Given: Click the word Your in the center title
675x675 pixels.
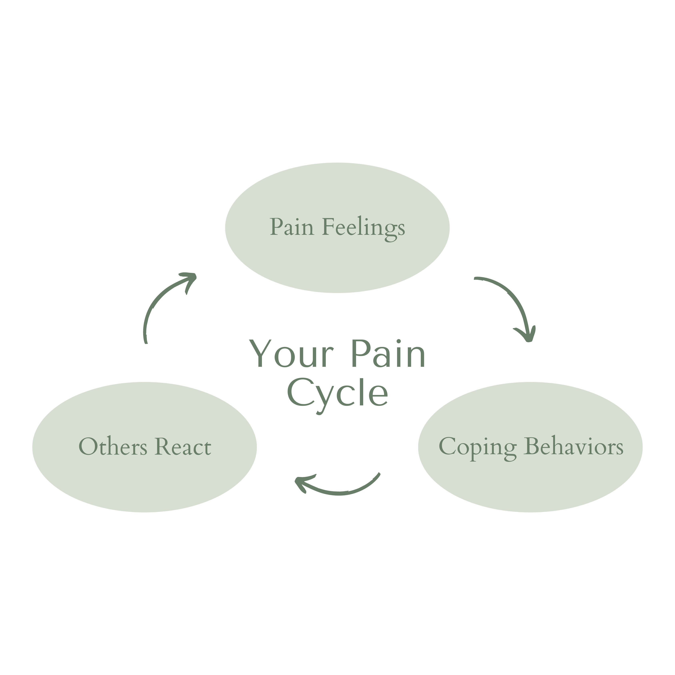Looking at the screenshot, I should tap(292, 354).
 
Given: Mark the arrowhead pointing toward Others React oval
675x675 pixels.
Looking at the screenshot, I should tap(300, 484).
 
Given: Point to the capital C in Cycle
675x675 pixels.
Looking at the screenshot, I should tap(299, 393).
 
